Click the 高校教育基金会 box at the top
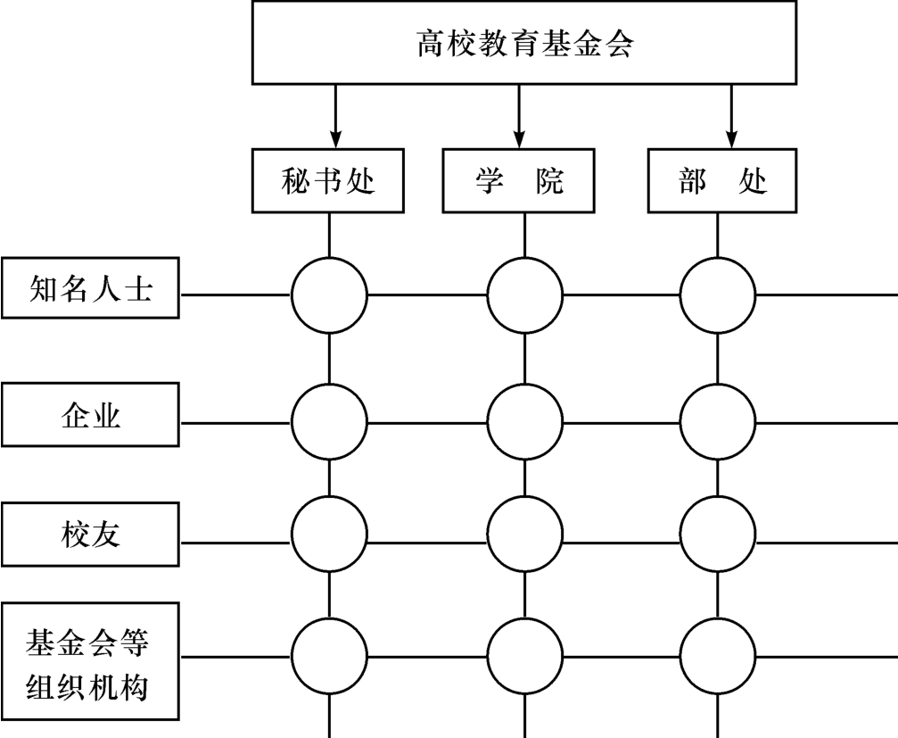coord(526,43)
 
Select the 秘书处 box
coord(329,181)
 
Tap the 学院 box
coord(519,181)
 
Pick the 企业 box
coord(90,415)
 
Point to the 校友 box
coord(90,534)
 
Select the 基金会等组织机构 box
coord(90,663)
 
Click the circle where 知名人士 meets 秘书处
coord(329,294)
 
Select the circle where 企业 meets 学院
coord(524,419)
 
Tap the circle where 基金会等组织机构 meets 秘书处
coord(329,656)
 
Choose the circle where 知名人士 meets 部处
coord(718,294)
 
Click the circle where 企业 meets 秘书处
coord(329,419)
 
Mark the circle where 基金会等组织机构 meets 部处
coord(718,656)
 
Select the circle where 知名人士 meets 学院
coord(524,294)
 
